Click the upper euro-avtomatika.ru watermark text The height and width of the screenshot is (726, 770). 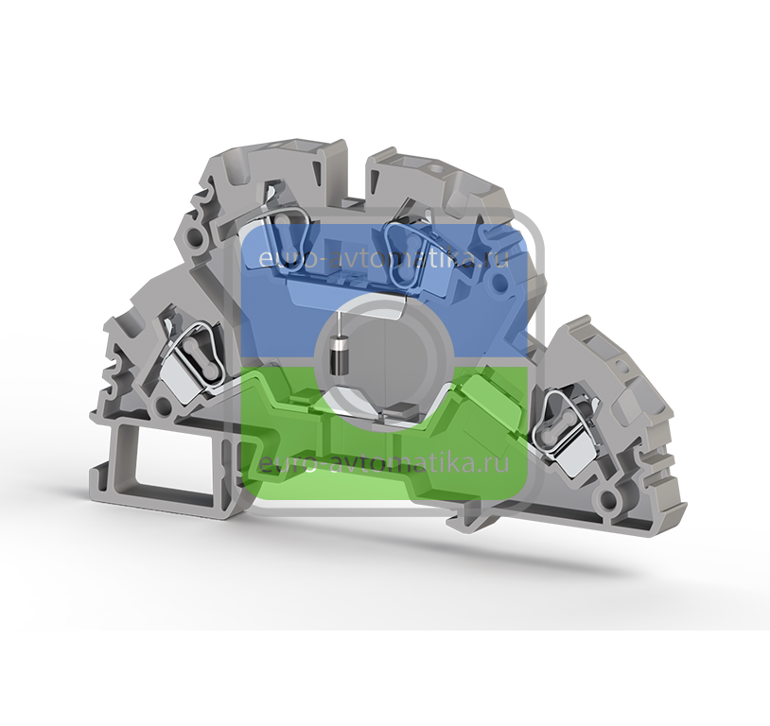click(x=383, y=259)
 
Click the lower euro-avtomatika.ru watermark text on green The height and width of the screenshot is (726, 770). click(x=383, y=463)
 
